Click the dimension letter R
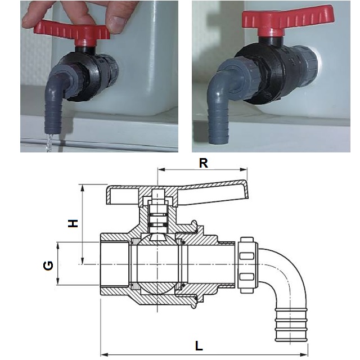tap(204, 163)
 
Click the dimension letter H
tap(73, 223)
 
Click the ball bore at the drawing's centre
tap(156, 264)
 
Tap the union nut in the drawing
tap(248, 264)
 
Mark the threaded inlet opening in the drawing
tap(115, 264)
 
